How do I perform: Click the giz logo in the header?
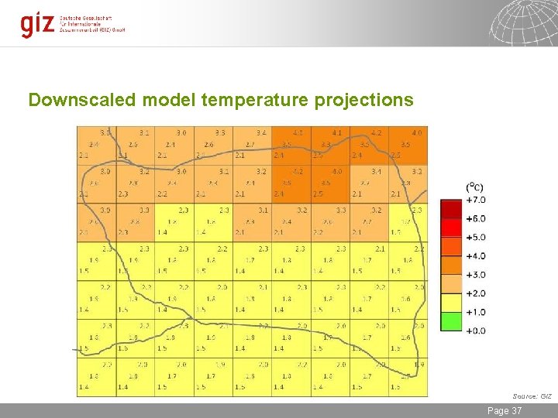(38, 24)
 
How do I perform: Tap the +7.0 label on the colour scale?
(475, 200)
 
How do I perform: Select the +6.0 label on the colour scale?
(475, 219)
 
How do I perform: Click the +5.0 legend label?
(475, 238)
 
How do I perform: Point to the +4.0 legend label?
(475, 256)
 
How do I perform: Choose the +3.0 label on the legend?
(475, 275)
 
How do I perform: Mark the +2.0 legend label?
(475, 293)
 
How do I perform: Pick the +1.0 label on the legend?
(475, 312)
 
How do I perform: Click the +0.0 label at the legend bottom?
(475, 331)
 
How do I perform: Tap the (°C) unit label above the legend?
(474, 187)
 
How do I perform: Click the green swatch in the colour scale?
(451, 321)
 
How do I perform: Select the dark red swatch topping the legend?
(451, 209)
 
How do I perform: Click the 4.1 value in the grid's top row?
(336, 133)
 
